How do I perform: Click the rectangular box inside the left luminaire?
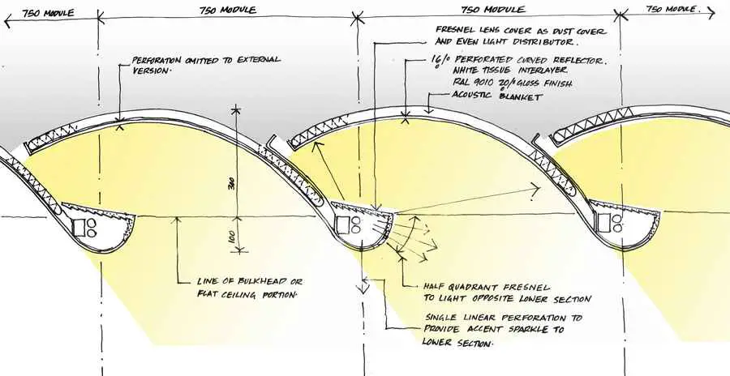coord(79,226)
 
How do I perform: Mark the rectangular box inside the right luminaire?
coord(603,221)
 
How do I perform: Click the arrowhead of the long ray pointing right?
coord(535,190)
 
